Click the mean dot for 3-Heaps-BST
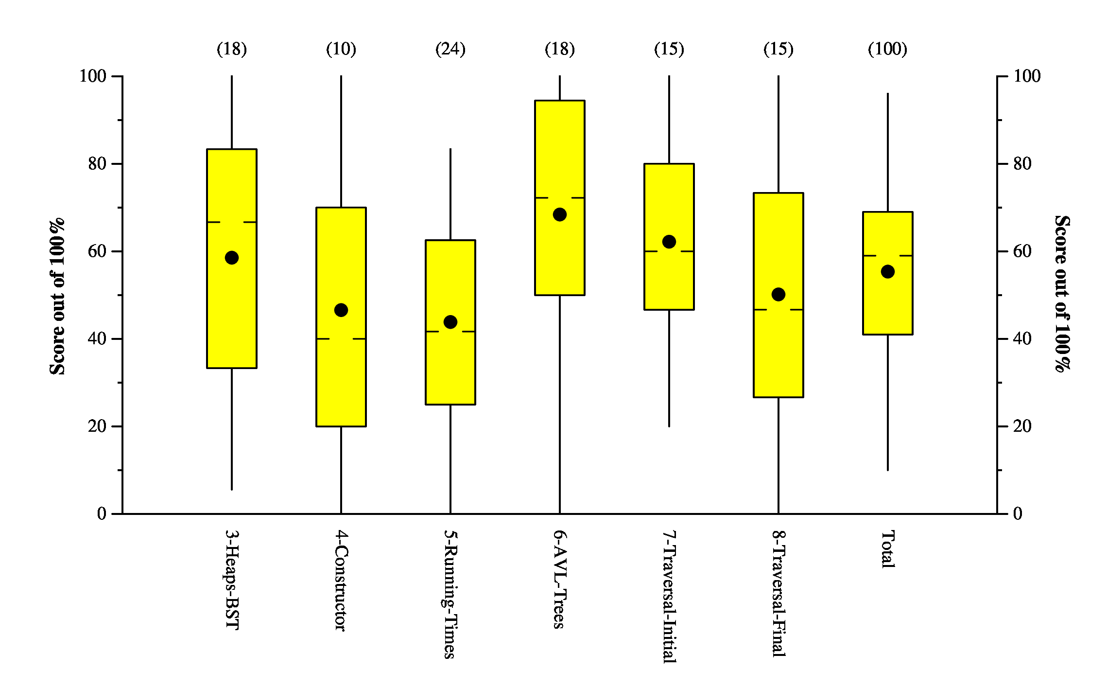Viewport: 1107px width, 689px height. coord(232,258)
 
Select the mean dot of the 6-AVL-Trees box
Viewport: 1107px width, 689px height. coord(560,214)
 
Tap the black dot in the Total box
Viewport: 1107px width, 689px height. coord(888,272)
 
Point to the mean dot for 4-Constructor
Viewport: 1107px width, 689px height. coord(341,310)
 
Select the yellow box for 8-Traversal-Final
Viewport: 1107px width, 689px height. coord(778,350)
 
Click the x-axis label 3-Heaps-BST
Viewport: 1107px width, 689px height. coord(232,580)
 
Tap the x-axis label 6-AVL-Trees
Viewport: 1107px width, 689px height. coord(560,579)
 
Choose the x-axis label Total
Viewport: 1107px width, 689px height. coord(888,549)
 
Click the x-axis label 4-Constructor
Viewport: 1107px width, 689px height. coord(341,581)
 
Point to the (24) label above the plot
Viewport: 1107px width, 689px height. coord(450,49)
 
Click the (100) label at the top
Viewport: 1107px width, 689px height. coord(888,49)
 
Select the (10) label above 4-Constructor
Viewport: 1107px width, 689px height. coord(341,49)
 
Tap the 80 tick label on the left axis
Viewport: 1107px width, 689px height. coord(97,164)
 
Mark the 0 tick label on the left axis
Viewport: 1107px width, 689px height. coord(102,514)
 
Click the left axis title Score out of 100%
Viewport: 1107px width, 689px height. coord(57,297)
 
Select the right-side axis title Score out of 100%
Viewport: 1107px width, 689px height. coord(1062,294)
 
